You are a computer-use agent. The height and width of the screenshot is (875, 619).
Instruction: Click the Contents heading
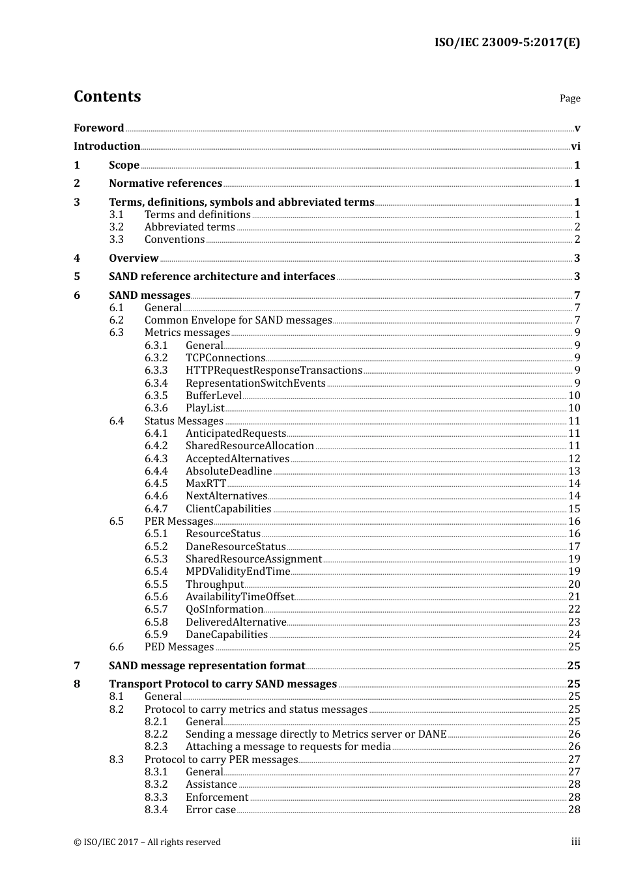coord(107,96)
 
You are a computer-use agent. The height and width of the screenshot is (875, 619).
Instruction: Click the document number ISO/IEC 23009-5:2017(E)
coord(507,42)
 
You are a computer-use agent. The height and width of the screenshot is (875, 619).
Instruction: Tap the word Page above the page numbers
coord(569,98)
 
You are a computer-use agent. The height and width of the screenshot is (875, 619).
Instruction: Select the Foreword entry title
coord(98,128)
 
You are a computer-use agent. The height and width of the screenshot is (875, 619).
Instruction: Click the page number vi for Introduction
coord(575,146)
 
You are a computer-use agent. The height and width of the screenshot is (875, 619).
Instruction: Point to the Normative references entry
coord(166,184)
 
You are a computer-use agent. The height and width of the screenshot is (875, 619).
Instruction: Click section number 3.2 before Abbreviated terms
coord(116,227)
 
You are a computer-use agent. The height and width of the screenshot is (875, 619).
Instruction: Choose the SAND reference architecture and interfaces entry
coord(222,277)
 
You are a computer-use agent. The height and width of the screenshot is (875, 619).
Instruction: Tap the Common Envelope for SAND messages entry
coord(238,320)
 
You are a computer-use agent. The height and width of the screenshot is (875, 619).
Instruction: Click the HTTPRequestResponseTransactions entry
coord(274,370)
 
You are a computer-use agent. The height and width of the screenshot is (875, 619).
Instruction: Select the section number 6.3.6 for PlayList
coord(156,408)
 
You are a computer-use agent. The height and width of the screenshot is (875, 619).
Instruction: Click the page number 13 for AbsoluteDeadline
coord(574,471)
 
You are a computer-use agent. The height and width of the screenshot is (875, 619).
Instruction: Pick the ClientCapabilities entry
coord(228,509)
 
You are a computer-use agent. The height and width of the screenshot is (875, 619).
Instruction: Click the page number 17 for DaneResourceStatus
coord(574,547)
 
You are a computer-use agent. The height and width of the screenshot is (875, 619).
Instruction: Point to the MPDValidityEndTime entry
coord(238,572)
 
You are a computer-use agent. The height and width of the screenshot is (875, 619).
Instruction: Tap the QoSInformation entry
coord(224,609)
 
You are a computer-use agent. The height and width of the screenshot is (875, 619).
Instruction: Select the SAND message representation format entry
coord(207,666)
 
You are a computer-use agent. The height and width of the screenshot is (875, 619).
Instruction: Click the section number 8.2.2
coord(156,734)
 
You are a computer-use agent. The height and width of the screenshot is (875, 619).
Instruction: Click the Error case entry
coord(210,810)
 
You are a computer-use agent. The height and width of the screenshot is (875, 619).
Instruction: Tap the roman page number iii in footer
coord(575,842)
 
